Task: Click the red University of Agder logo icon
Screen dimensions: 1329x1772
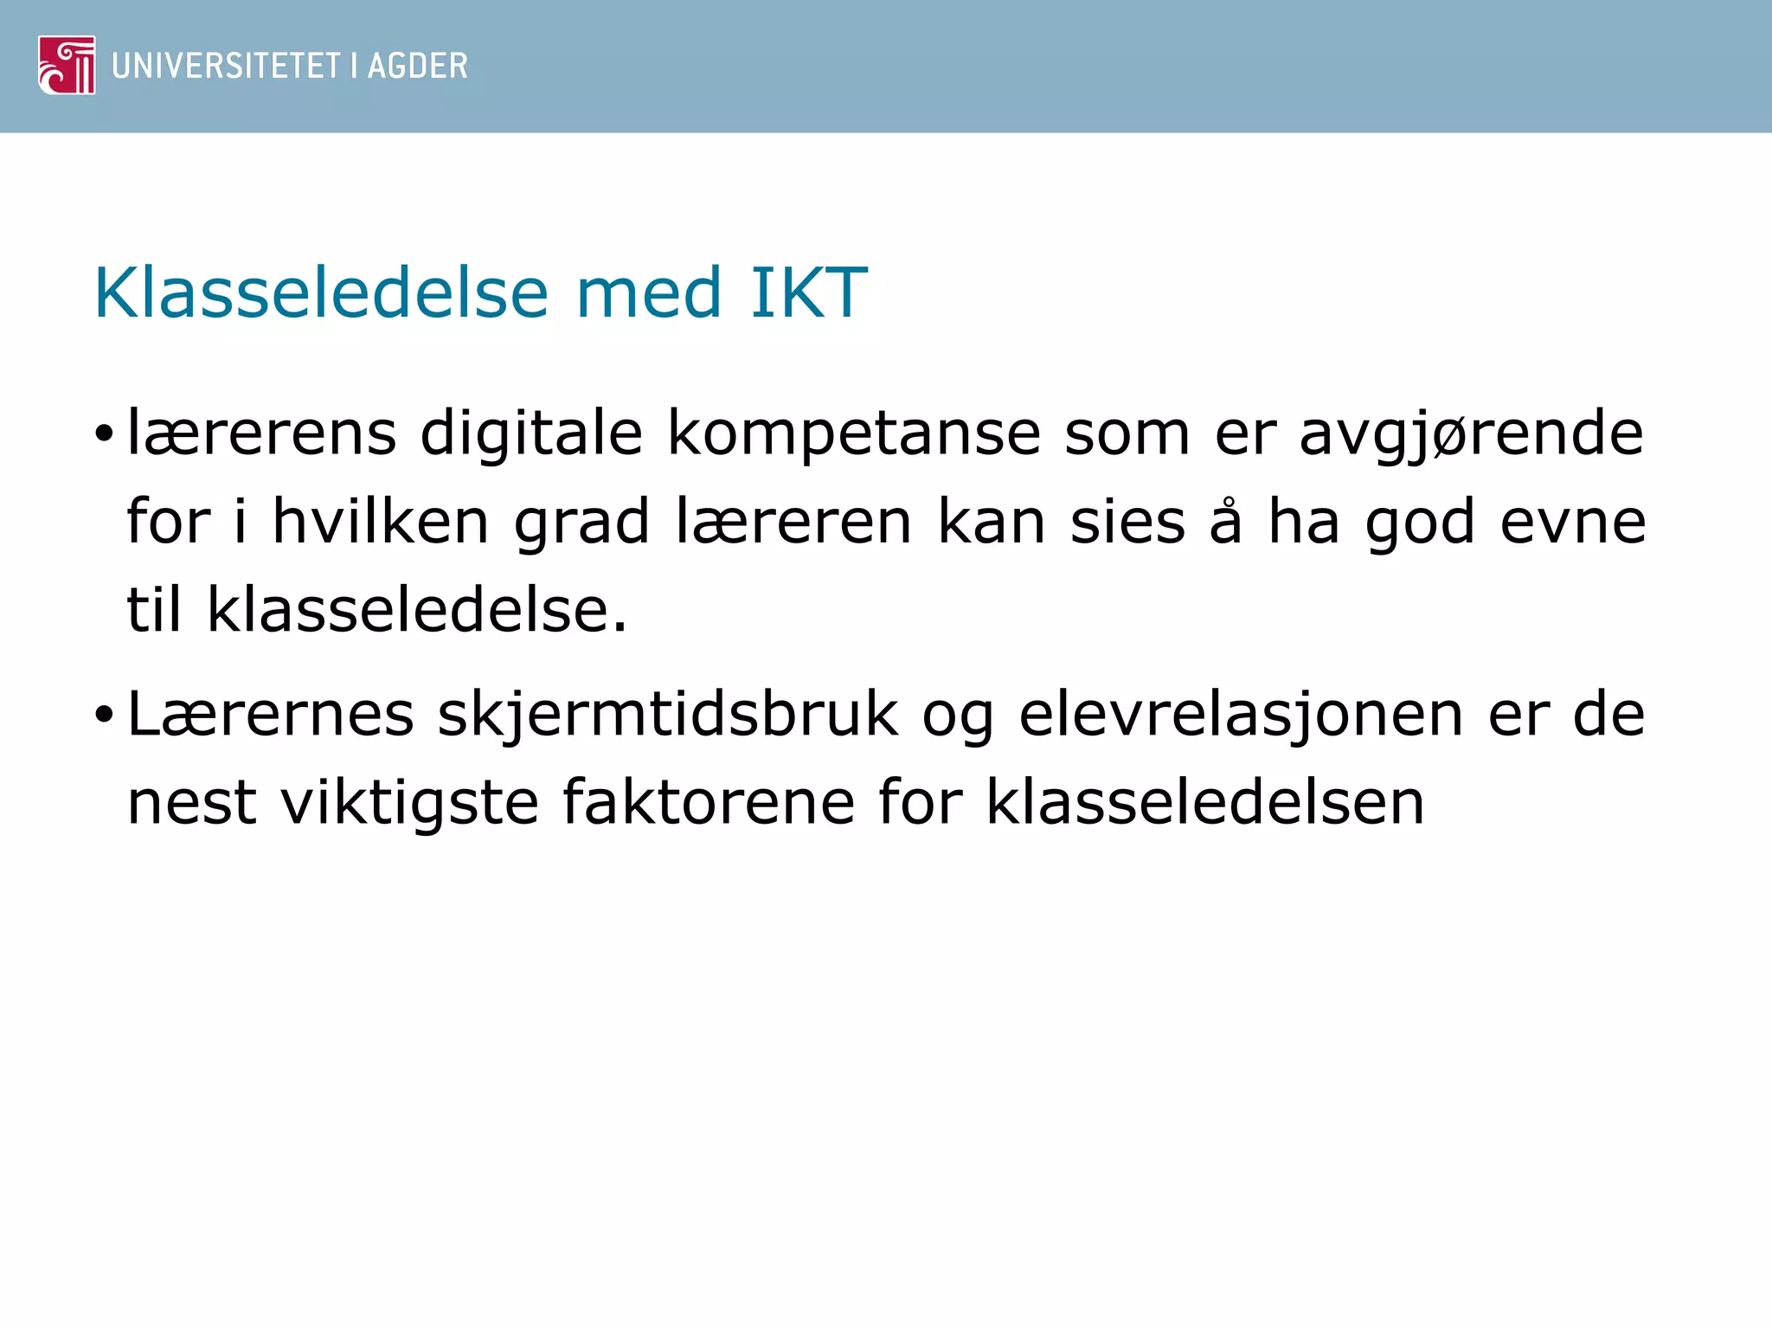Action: pos(67,65)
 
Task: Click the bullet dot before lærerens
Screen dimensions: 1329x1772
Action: pos(105,433)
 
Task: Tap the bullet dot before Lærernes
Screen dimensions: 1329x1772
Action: pos(105,715)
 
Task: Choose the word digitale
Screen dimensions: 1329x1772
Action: pos(531,433)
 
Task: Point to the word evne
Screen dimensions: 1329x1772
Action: pos(1573,523)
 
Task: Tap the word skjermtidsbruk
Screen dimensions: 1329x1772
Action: pos(668,716)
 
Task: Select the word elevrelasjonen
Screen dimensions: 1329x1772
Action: pos(1241,716)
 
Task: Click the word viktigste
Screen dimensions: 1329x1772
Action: pos(410,802)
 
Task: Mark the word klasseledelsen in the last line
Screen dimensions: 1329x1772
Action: pos(1205,802)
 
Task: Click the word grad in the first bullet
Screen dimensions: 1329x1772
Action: pos(581,523)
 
